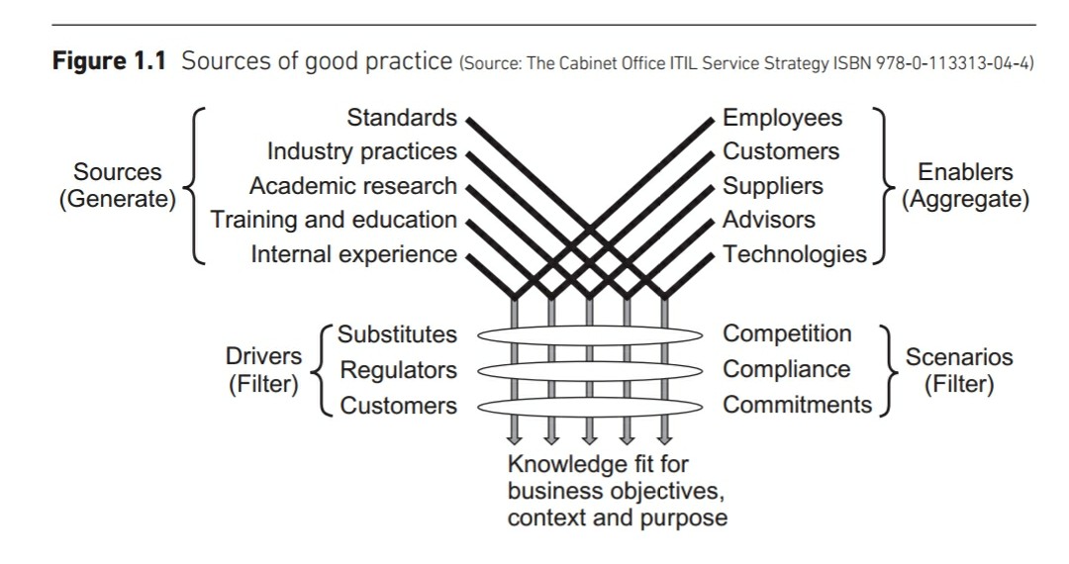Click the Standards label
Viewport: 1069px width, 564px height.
[402, 119]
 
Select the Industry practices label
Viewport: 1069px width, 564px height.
[362, 152]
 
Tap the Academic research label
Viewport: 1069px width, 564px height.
[353, 186]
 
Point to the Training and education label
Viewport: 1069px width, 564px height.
[335, 220]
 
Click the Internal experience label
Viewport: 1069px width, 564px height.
[354, 254]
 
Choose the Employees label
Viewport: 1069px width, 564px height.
[782, 119]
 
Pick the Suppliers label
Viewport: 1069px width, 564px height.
[773, 186]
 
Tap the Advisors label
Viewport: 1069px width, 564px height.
[769, 220]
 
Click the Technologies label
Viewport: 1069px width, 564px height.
[795, 254]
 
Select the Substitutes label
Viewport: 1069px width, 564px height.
[398, 334]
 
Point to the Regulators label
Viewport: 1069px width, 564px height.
[399, 370]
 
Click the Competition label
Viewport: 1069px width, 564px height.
[787, 334]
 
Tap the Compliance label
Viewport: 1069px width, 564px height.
[786, 370]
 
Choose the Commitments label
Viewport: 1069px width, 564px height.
[797, 405]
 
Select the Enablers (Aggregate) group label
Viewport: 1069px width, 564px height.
[965, 186]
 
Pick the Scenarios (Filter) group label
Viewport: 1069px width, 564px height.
[959, 370]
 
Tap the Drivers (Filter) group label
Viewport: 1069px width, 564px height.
[264, 370]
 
